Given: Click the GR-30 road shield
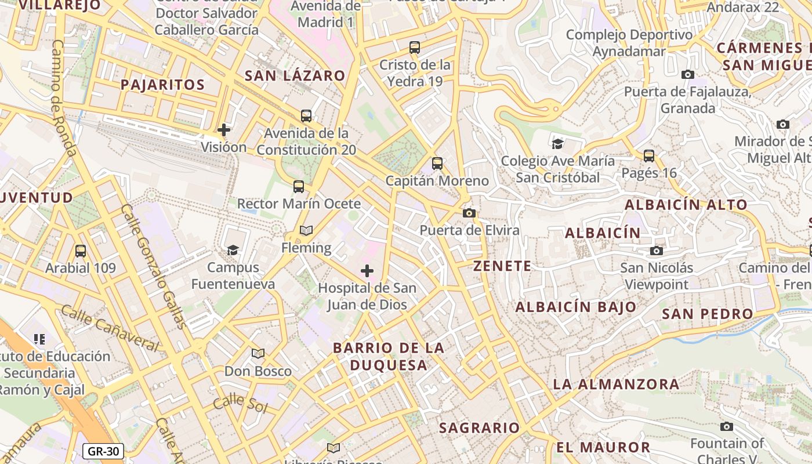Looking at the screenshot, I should (x=103, y=451).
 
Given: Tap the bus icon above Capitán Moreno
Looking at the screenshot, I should (x=437, y=164).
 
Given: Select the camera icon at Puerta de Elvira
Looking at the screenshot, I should (x=469, y=213).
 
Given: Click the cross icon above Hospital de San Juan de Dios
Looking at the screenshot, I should (x=367, y=271).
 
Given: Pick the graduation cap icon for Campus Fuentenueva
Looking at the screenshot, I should (x=233, y=250).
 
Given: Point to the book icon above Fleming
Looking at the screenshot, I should (x=306, y=231).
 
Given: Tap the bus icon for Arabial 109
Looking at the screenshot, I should (x=81, y=251).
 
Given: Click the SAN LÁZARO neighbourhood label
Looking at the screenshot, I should (x=295, y=75).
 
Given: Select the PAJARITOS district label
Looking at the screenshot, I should (x=162, y=85).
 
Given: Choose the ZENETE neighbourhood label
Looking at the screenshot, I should (x=502, y=266).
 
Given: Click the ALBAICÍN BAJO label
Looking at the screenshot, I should (x=575, y=307).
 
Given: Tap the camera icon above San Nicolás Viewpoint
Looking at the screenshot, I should (x=657, y=251).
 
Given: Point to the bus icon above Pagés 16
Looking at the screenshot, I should (x=649, y=156).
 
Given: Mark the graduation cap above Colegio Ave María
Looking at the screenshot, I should (x=557, y=143).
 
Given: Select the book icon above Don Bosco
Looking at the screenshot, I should (x=258, y=353).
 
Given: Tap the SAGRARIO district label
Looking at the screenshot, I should (x=479, y=428).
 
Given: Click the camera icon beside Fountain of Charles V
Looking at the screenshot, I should (x=727, y=427).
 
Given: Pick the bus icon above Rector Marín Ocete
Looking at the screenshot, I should (x=299, y=187).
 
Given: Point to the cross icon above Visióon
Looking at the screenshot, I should (x=224, y=130).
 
